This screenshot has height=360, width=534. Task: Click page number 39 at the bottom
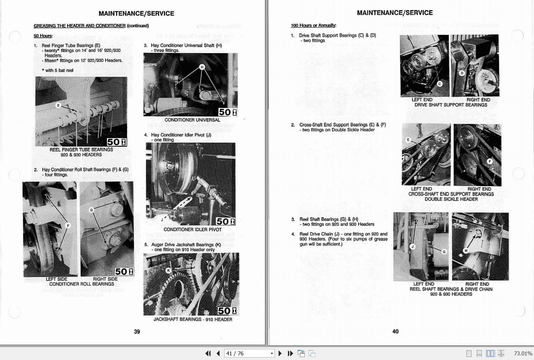[x=137, y=331]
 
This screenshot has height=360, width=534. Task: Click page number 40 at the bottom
[x=395, y=331]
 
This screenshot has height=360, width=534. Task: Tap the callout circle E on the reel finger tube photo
[x=58, y=105]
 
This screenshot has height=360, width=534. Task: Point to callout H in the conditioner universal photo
[x=202, y=67]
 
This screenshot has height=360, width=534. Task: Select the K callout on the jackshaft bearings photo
[x=168, y=270]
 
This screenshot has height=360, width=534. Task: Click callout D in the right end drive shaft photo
[x=462, y=73]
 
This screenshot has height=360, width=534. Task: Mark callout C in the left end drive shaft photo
[x=440, y=84]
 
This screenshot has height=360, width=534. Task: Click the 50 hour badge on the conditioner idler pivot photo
[x=226, y=222]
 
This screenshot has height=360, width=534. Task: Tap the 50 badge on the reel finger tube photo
[x=117, y=142]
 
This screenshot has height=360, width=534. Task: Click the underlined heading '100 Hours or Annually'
[x=313, y=25]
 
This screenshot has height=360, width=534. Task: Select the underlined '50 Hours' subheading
[x=43, y=36]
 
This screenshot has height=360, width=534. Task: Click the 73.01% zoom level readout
[x=523, y=353]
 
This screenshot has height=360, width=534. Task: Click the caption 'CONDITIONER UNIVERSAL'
[x=192, y=120]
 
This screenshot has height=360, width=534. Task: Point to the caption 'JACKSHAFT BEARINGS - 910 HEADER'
[x=192, y=319]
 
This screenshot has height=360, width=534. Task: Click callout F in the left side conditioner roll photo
[x=68, y=225]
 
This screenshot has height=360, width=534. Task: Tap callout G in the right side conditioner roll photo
[x=92, y=210]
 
